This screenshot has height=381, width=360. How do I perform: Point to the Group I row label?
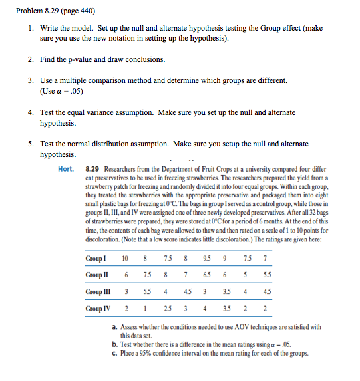(97, 257)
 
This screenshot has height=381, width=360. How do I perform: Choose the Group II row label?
(98, 275)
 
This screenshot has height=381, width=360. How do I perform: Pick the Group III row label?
(100, 291)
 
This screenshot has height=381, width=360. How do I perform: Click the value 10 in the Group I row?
(125, 257)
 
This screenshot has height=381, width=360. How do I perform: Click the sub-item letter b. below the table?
(115, 344)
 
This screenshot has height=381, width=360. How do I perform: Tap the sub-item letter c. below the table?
(115, 353)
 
